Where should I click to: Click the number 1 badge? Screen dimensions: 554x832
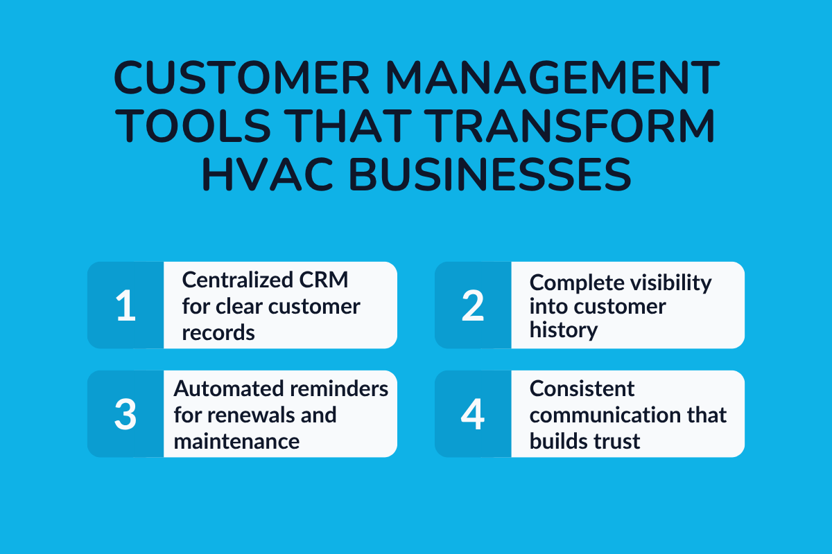(125, 305)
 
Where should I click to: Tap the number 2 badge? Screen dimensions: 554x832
(473, 305)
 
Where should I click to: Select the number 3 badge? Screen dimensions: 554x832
(125, 414)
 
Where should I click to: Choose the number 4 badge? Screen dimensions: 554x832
(473, 414)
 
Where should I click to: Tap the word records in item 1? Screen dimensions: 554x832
(218, 332)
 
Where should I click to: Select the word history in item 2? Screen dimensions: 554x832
(564, 330)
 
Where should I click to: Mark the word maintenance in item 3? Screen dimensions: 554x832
(236, 440)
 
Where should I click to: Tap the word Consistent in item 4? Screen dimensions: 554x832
(582, 388)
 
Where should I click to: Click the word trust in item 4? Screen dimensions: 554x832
(612, 440)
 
